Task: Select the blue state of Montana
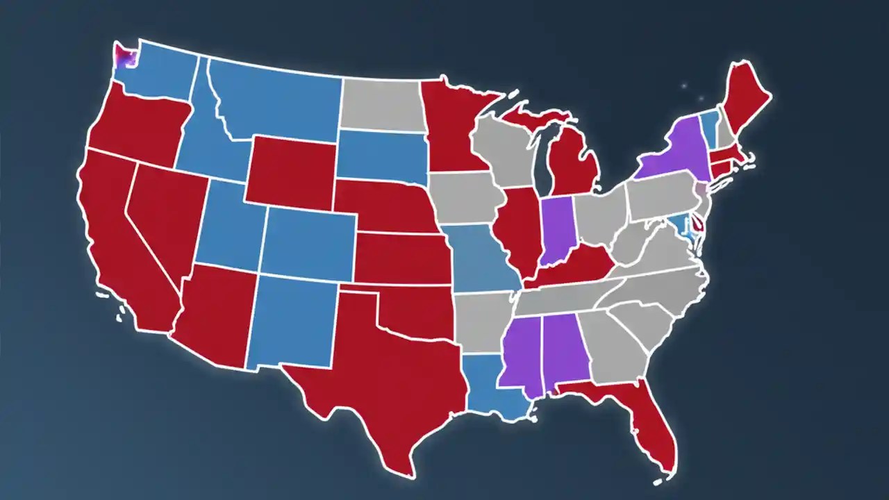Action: point(278,97)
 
